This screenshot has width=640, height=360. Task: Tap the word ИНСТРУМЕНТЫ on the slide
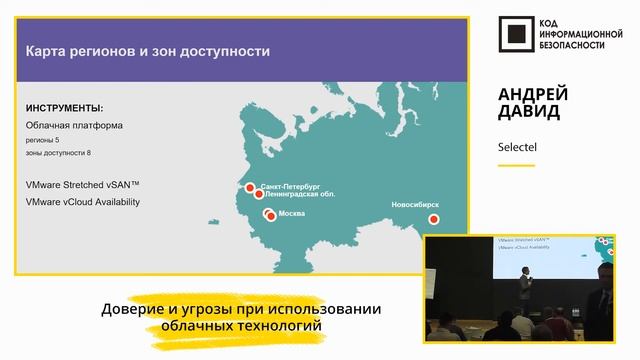pos(64,107)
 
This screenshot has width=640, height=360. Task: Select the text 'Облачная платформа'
pos(74,125)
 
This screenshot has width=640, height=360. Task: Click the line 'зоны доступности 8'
pos(58,153)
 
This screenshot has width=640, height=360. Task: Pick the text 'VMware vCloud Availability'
pos(83,202)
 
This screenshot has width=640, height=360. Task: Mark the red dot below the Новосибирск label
pos(433,218)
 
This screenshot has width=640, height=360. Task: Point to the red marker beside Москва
pos(270,215)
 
